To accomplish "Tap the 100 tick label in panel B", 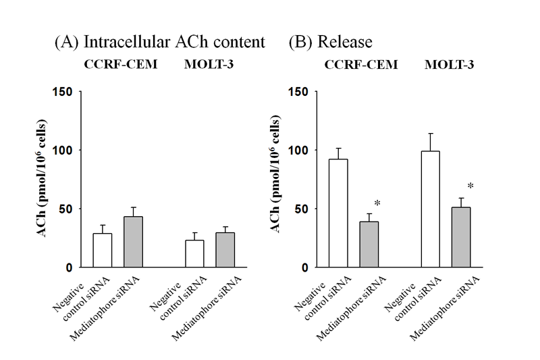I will [x=301, y=150].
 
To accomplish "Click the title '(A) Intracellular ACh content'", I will [x=159, y=42].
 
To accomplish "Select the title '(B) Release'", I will [x=330, y=42].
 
